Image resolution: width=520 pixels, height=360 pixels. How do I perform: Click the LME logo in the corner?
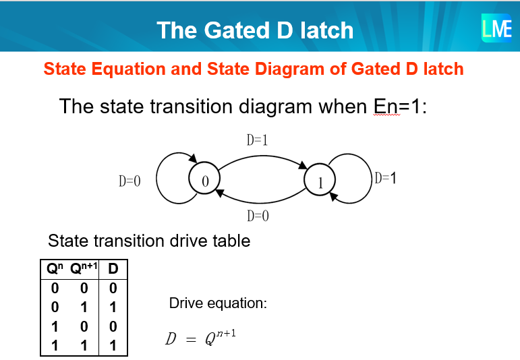[496, 28]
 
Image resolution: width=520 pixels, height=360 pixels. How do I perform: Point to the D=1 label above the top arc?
[257, 140]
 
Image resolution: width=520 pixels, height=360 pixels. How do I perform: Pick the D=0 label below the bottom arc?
[258, 216]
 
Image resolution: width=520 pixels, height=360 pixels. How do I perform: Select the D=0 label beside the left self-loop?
[129, 181]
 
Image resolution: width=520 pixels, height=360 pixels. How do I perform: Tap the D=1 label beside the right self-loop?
[385, 178]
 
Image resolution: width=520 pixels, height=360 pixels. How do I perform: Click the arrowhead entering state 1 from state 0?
[303, 165]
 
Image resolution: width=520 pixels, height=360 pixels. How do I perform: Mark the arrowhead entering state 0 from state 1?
[220, 192]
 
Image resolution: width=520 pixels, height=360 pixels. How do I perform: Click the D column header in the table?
[113, 268]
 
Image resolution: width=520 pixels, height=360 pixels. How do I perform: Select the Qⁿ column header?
[55, 268]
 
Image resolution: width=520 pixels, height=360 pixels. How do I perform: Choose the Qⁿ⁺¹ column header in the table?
[84, 268]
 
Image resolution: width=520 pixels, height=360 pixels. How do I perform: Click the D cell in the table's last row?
[113, 345]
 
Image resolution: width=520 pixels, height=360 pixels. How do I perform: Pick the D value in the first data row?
[113, 288]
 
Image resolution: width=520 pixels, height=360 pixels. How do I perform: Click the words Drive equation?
[218, 303]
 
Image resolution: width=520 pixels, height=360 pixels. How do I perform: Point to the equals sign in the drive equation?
[191, 340]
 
